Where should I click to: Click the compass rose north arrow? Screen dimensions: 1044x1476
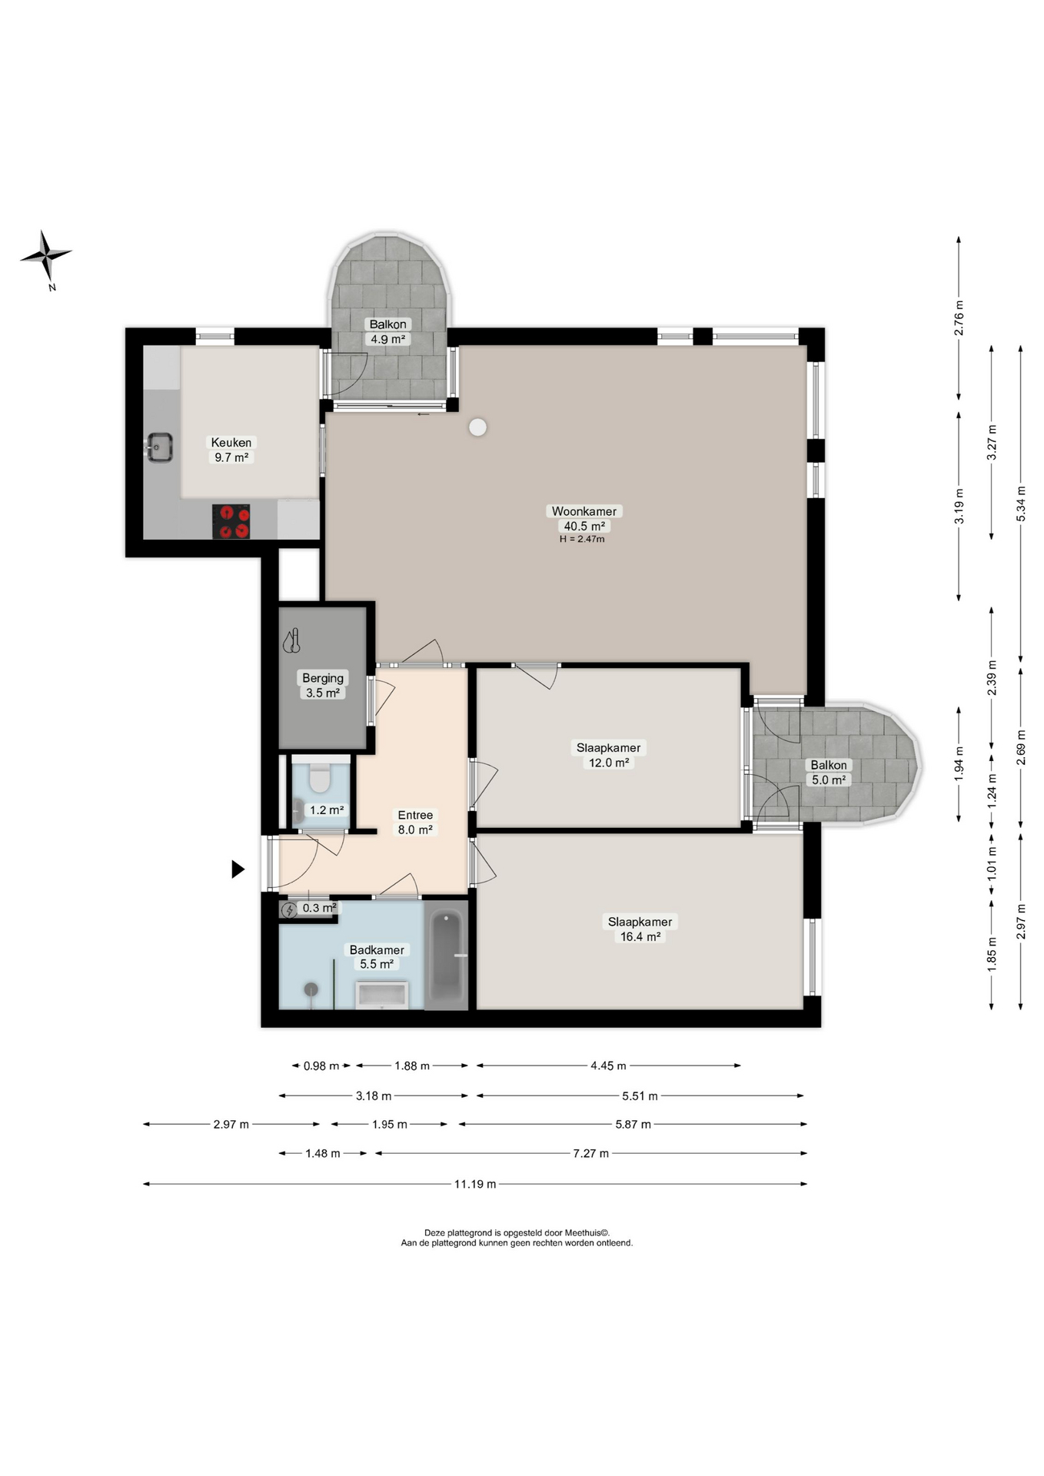point(46,255)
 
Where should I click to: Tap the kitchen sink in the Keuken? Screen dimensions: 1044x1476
point(160,447)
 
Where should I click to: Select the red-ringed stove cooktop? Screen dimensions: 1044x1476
point(231,521)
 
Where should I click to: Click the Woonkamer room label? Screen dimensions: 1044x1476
point(584,511)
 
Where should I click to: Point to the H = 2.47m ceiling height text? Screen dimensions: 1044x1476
point(582,539)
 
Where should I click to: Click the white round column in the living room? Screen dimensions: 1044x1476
point(478,427)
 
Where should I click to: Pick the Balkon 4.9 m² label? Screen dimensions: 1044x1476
point(387,331)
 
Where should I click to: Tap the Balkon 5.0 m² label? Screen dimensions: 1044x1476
point(829,772)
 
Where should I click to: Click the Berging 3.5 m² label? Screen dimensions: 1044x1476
point(323,685)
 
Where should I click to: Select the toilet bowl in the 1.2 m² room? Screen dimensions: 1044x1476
point(319,777)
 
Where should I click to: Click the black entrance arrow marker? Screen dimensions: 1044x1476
point(238,869)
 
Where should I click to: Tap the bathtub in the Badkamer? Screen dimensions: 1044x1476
point(447,954)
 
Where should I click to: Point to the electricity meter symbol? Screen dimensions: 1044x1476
point(289,910)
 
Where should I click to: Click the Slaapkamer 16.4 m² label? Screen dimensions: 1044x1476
point(640,929)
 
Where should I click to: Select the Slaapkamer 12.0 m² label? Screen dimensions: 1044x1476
point(609,755)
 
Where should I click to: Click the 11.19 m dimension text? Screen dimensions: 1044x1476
point(475,1184)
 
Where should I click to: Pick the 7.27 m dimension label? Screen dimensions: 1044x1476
point(591,1153)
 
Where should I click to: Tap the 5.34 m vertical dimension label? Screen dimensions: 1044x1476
point(1021,504)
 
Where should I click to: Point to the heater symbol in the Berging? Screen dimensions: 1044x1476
point(292,641)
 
